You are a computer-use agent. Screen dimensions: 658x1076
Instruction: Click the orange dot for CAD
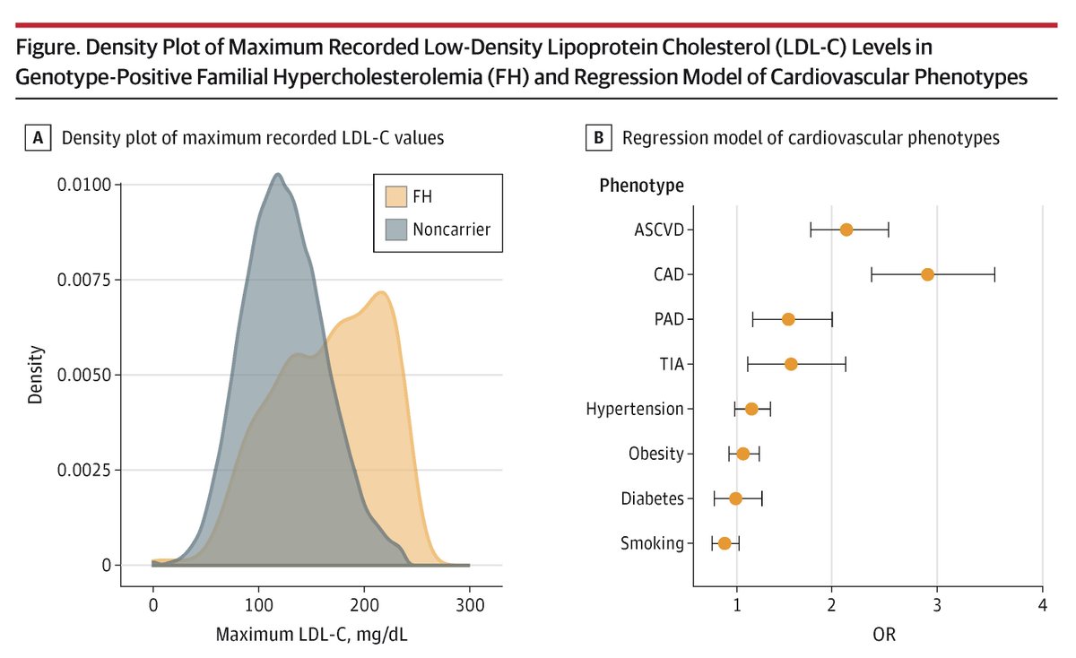coord(927,274)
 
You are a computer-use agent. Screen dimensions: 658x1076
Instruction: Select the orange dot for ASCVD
coord(846,229)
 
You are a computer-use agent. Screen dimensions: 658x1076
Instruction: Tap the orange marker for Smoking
coord(725,543)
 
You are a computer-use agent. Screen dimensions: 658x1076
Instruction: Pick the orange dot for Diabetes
coord(735,498)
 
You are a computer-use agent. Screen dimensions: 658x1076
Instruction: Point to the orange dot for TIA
coord(791,364)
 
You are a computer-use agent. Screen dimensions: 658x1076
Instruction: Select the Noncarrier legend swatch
coord(393,229)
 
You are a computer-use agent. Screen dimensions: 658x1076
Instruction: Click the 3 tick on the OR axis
coord(937,605)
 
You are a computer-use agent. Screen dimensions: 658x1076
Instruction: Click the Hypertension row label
coord(634,409)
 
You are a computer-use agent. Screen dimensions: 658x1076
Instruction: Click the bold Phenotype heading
coord(641,186)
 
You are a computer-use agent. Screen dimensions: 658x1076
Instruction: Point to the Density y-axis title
coord(34,375)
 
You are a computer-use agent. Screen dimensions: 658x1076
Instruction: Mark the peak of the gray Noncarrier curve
coord(278,174)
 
